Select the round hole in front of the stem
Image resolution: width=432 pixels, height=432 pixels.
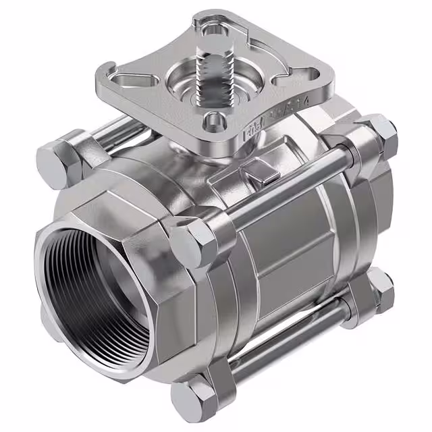214,122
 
